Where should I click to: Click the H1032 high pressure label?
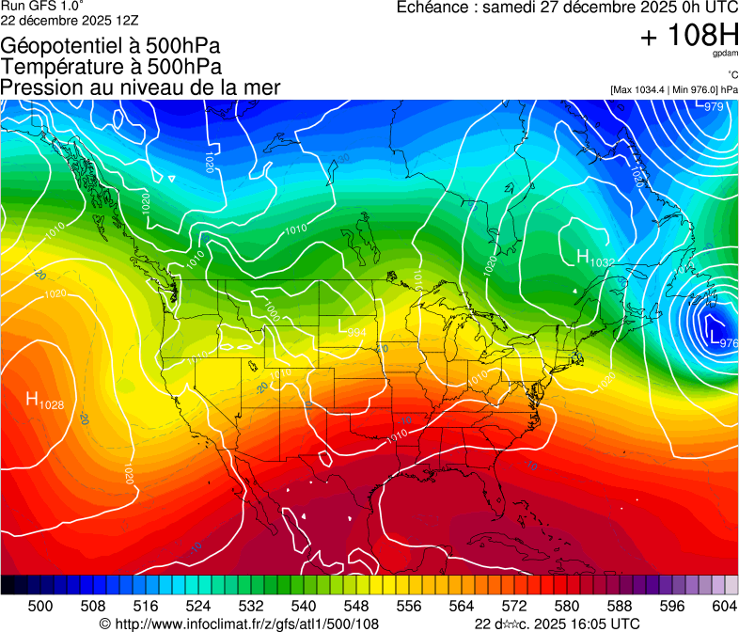(x=595, y=259)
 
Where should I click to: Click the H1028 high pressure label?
(x=44, y=402)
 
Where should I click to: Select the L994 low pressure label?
(x=352, y=330)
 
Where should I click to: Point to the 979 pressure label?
(x=714, y=107)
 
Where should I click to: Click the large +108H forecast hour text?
(x=688, y=37)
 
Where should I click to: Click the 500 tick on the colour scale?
(x=40, y=607)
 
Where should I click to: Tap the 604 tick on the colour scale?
(x=725, y=607)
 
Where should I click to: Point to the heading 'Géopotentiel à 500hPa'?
(x=110, y=45)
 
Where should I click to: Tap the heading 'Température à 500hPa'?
(x=111, y=67)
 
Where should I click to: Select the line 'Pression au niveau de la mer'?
(x=140, y=87)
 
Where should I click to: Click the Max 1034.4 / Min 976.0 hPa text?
(x=673, y=89)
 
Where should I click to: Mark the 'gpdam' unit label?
(x=726, y=56)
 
